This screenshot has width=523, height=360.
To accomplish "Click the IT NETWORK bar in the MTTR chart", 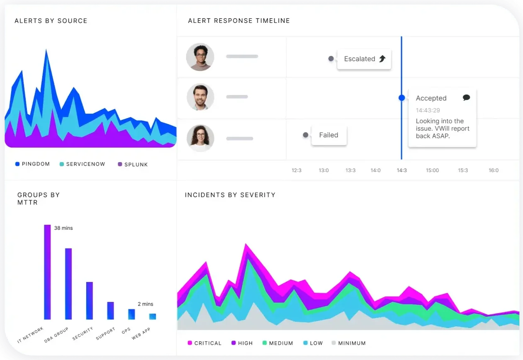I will [x=47, y=272].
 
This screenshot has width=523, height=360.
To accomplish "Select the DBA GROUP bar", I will [x=68, y=284].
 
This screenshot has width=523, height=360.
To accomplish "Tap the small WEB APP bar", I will [x=153, y=316].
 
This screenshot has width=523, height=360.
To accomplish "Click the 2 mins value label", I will [x=145, y=304].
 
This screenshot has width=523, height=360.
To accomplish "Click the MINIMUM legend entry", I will [x=348, y=343].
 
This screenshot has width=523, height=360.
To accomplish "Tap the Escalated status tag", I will [x=364, y=59].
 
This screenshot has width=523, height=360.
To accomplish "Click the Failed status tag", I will [x=328, y=135].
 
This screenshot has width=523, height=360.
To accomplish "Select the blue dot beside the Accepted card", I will [x=401, y=98].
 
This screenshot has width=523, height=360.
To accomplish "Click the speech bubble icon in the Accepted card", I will [x=466, y=98].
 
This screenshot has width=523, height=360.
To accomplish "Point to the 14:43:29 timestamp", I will [x=428, y=110].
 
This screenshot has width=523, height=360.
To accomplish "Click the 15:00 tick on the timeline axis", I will [x=432, y=170].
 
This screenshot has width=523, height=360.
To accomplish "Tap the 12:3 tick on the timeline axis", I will [x=297, y=170].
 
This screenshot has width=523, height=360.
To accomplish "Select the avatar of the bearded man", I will [x=200, y=97].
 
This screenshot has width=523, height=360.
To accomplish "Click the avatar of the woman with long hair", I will [x=200, y=138].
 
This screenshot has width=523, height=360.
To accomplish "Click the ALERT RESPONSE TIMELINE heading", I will [x=239, y=21].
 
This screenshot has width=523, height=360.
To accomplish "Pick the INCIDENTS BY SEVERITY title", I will [x=230, y=195].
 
